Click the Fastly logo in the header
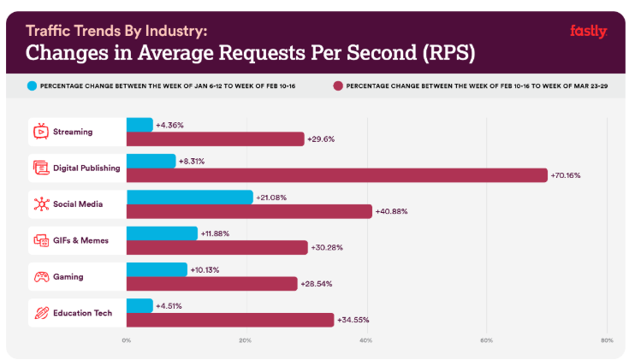(588, 32)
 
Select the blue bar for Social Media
(189, 198)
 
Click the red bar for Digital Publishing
(336, 174)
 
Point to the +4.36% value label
(169, 125)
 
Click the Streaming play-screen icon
(40, 132)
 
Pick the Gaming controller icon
(40, 276)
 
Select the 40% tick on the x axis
(365, 341)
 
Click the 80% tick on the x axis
(606, 341)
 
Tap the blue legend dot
(33, 86)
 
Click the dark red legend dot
(339, 86)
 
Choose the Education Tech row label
(81, 313)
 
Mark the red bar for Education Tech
(229, 320)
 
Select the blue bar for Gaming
(157, 269)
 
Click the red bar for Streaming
(215, 139)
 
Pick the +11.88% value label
(215, 233)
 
